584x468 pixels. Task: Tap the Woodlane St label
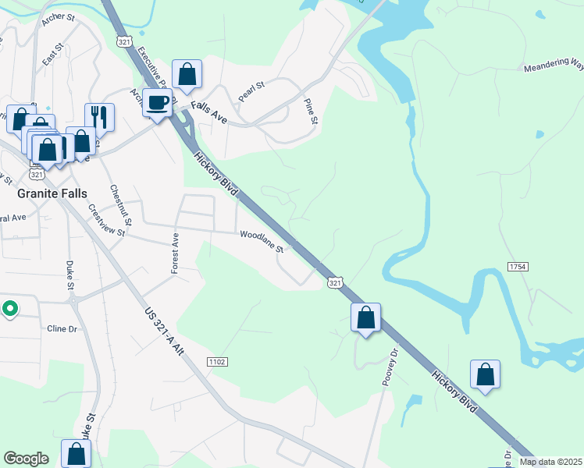[x=262, y=240]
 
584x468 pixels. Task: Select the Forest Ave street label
[x=175, y=253]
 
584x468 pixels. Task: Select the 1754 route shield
[x=518, y=267]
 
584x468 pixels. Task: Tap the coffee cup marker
[x=158, y=102]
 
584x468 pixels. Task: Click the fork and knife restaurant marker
[x=99, y=118]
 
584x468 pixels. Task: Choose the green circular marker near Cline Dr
[x=9, y=310]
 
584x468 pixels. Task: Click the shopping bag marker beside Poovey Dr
[x=365, y=318]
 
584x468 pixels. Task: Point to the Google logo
[x=27, y=459]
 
